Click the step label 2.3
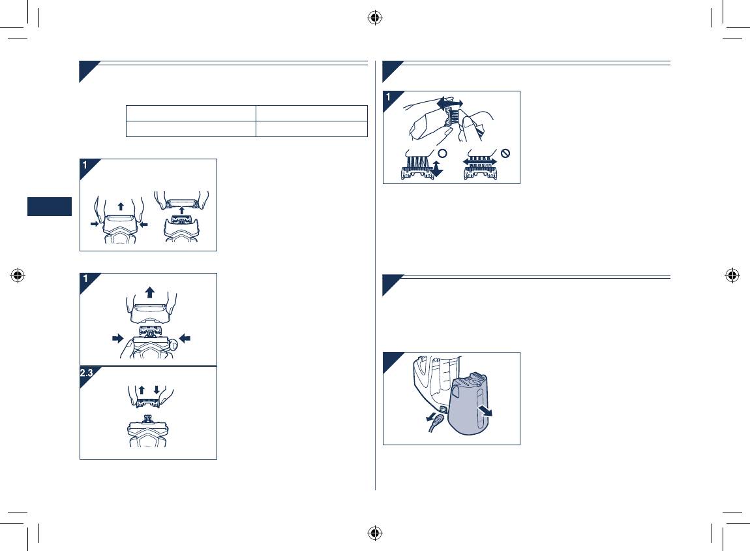tap(86, 373)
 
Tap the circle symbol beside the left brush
tap(442, 153)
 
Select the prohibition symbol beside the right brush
tap(505, 153)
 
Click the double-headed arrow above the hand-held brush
tap(450, 104)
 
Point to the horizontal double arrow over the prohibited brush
tap(480, 162)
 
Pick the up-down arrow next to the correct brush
tap(436, 169)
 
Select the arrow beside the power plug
tap(430, 417)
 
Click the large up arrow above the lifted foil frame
tap(150, 292)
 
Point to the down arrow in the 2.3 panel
tap(157, 390)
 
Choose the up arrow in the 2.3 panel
tap(142, 390)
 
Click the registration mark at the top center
tap(375, 18)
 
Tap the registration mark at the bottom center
tap(375, 533)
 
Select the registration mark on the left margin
tap(18, 275)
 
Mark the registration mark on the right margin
tap(732, 275)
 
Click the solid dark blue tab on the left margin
tap(50, 206)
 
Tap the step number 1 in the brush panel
tap(389, 97)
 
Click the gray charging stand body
tap(469, 405)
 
